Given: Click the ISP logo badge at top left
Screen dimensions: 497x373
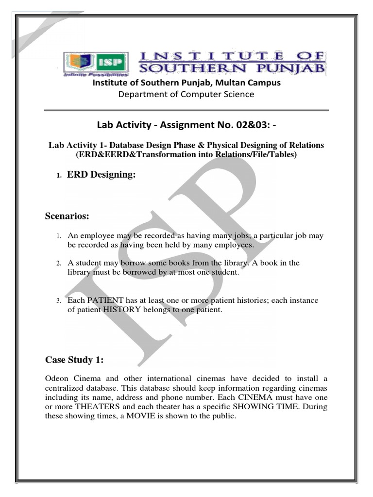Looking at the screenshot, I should coord(96,63).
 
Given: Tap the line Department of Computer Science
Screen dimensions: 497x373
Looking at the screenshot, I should coord(186,94).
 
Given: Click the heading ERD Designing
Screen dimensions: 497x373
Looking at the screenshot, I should coord(101,175).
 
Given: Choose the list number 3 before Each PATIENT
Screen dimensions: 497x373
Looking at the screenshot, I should coord(58,301).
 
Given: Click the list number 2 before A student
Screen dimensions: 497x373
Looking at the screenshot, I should coord(58,264).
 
